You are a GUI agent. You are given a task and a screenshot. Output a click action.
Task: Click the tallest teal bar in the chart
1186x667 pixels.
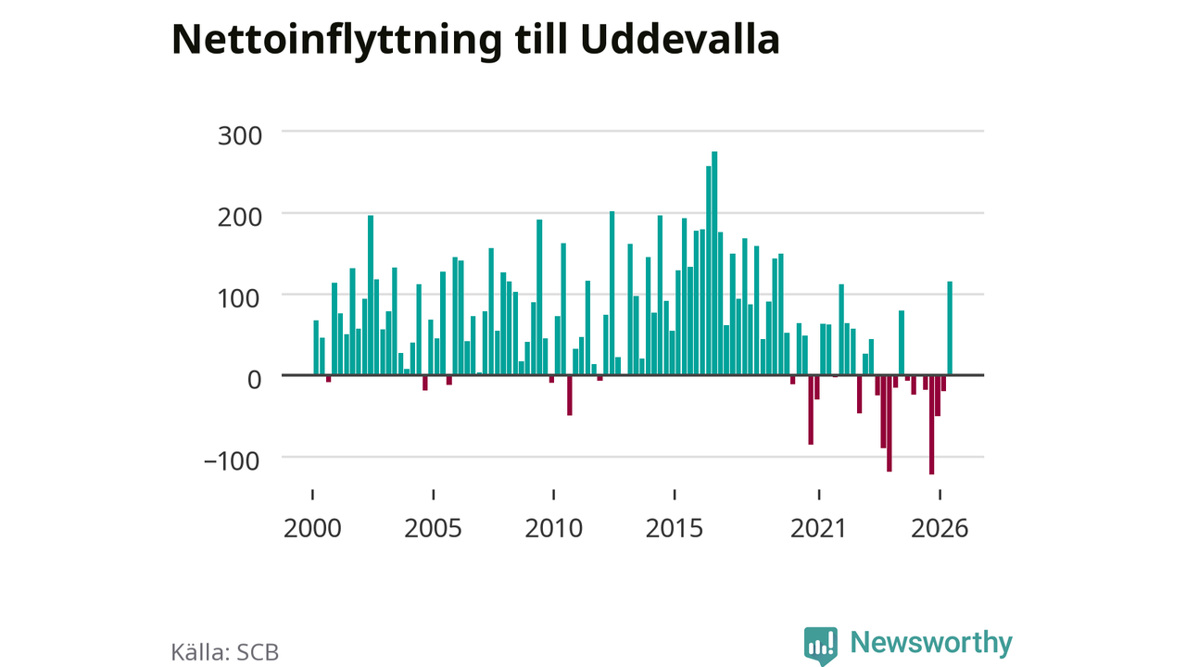tap(714, 263)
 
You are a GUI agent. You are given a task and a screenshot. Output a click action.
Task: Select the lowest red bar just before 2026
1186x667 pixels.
tap(931, 425)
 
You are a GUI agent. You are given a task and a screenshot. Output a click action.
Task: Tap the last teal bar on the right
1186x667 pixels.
tap(950, 328)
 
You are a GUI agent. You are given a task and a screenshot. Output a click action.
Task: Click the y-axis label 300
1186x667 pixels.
tap(240, 136)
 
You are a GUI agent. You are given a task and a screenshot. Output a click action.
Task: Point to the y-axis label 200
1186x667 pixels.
tap(240, 218)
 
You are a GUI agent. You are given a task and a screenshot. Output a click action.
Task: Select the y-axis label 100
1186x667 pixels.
tap(240, 298)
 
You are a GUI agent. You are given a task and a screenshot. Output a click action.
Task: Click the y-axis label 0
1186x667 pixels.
tap(255, 380)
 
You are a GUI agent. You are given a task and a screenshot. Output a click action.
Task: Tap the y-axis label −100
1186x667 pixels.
tap(232, 461)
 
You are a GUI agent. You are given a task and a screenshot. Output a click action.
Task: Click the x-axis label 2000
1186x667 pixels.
tap(312, 528)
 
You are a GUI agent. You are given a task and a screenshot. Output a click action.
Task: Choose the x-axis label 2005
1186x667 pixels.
tap(433, 528)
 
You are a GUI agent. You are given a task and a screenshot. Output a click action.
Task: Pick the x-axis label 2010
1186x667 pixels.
tap(554, 528)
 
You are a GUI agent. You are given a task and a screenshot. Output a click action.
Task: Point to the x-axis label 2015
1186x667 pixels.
tap(675, 528)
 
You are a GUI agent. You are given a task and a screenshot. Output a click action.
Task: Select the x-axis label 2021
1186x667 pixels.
tap(818, 528)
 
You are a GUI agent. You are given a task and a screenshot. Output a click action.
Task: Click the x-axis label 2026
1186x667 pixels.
tap(940, 528)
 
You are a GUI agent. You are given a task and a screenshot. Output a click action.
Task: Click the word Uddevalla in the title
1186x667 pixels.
tap(680, 39)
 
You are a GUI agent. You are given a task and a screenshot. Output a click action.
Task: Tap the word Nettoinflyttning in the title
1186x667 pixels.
tap(336, 42)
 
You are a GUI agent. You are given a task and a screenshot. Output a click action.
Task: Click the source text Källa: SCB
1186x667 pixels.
tap(225, 652)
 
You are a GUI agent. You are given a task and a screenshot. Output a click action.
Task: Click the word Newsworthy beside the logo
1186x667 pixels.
tap(931, 642)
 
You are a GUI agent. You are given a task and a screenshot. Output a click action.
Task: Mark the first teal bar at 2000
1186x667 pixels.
tap(316, 347)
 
